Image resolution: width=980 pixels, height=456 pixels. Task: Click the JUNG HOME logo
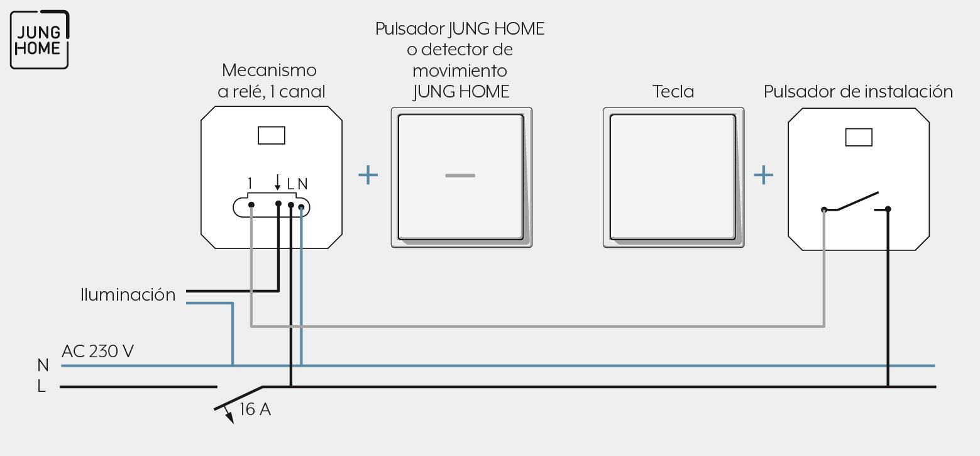pyautogui.click(x=40, y=40)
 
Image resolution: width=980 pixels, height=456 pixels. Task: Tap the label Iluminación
pyautogui.click(x=128, y=294)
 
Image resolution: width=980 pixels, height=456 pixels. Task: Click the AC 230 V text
pyautogui.click(x=97, y=351)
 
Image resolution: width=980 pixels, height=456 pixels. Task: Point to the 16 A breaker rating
pyautogui.click(x=255, y=409)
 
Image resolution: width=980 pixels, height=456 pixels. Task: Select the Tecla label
pyautogui.click(x=673, y=91)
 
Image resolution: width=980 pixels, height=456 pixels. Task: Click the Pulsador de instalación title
pyautogui.click(x=858, y=91)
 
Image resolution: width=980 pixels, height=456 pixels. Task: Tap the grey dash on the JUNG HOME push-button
pyautogui.click(x=460, y=176)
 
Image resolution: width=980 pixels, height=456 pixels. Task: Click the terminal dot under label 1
pyautogui.click(x=251, y=205)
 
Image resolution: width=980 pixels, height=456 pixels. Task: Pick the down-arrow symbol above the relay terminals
pyautogui.click(x=277, y=182)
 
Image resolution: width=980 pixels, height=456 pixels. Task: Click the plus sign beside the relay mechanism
pyautogui.click(x=368, y=175)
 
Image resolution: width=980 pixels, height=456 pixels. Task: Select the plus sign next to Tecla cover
pyautogui.click(x=763, y=175)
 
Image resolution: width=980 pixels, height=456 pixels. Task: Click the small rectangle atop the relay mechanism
pyautogui.click(x=272, y=135)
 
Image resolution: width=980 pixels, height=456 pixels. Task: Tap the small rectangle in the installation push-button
pyautogui.click(x=859, y=137)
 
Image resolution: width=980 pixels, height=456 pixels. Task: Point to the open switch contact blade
pyautogui.click(x=857, y=201)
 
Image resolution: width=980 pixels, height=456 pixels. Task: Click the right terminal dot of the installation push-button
pyautogui.click(x=888, y=209)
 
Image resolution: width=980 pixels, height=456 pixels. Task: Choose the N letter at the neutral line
pyautogui.click(x=43, y=365)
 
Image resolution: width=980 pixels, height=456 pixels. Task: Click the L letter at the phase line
pyautogui.click(x=41, y=386)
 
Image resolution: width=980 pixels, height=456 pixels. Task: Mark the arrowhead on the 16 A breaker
pyautogui.click(x=229, y=418)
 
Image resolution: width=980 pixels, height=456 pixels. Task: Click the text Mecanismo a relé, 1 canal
pyautogui.click(x=272, y=81)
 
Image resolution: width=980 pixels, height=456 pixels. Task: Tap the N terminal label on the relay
pyautogui.click(x=303, y=184)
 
